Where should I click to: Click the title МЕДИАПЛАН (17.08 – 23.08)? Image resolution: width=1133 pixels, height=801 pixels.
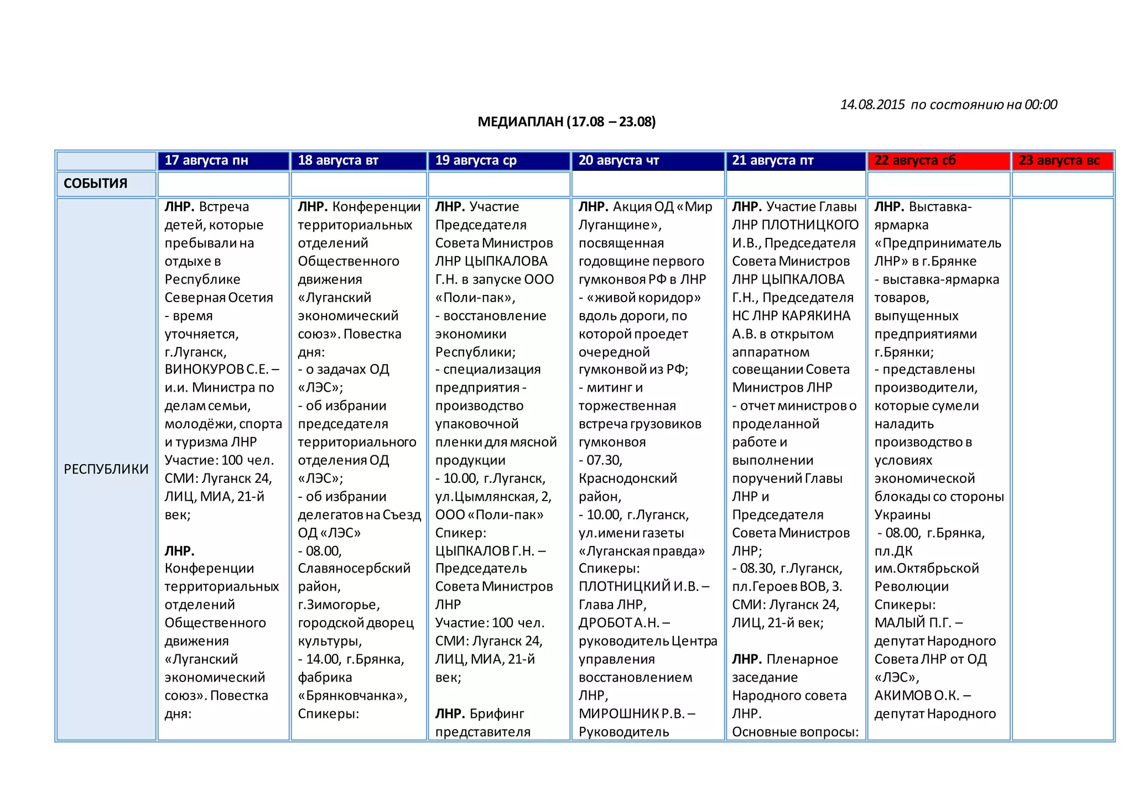[x=566, y=122]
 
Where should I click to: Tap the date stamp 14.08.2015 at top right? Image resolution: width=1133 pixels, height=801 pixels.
[x=872, y=105]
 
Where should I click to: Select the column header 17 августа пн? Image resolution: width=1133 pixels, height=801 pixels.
[x=206, y=160]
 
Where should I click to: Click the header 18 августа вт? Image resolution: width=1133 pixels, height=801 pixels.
[x=338, y=160]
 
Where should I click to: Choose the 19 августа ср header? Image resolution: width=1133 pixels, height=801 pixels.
[x=476, y=160]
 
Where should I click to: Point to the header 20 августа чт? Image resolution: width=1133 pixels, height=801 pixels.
[x=619, y=160]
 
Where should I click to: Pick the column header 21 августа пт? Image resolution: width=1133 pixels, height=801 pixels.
[x=773, y=160]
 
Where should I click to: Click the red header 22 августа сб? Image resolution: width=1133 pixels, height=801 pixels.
[x=915, y=160]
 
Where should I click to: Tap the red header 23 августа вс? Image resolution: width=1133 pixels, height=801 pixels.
[x=1059, y=160]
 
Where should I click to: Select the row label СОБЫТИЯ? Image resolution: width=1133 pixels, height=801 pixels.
[x=96, y=184]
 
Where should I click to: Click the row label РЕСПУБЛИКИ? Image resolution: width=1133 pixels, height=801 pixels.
[x=106, y=469]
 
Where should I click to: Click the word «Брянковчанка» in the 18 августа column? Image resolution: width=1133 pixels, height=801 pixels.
[x=352, y=695]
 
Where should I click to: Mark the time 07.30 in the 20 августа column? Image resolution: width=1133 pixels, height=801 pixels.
[x=604, y=460]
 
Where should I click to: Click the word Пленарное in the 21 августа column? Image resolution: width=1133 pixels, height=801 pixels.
[x=802, y=659]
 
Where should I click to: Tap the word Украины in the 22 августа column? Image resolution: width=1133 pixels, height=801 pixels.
[x=902, y=514]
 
